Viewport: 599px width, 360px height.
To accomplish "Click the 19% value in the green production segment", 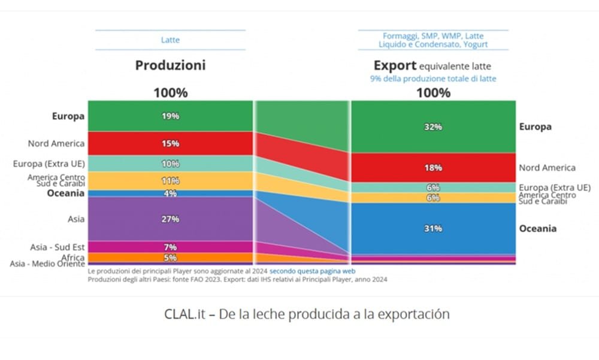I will [170, 116].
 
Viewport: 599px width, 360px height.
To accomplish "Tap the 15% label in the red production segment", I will [170, 144].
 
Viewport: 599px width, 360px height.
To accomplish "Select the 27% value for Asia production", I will [170, 219].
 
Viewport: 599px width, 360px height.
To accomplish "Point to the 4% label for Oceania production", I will [170, 193].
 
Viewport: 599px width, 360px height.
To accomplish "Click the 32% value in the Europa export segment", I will [433, 127].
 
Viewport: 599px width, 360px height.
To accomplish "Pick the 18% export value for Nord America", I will [433, 168].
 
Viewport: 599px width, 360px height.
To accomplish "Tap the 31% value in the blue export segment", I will [433, 228].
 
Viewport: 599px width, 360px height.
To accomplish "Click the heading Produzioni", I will [170, 65].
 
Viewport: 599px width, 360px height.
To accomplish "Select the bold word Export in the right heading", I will [395, 65].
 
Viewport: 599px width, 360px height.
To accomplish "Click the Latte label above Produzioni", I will [170, 40].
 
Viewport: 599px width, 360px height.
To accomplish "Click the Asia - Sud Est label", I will [57, 247].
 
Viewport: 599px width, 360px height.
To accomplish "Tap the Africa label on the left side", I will [72, 258].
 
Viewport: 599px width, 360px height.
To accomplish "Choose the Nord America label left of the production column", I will [56, 144].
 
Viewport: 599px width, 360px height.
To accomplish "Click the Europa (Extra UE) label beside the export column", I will [555, 187].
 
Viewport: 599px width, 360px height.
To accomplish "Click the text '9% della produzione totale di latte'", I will [433, 78].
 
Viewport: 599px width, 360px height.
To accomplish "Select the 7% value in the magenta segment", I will [170, 247].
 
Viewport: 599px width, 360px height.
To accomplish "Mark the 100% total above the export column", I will [433, 93].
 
